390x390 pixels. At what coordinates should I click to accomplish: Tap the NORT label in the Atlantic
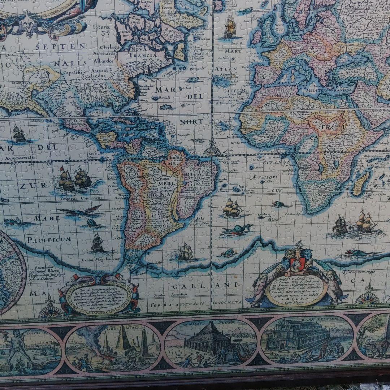point(191,122)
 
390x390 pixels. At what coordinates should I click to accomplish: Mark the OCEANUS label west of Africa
point(276,162)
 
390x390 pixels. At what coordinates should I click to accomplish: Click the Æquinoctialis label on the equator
point(20,157)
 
